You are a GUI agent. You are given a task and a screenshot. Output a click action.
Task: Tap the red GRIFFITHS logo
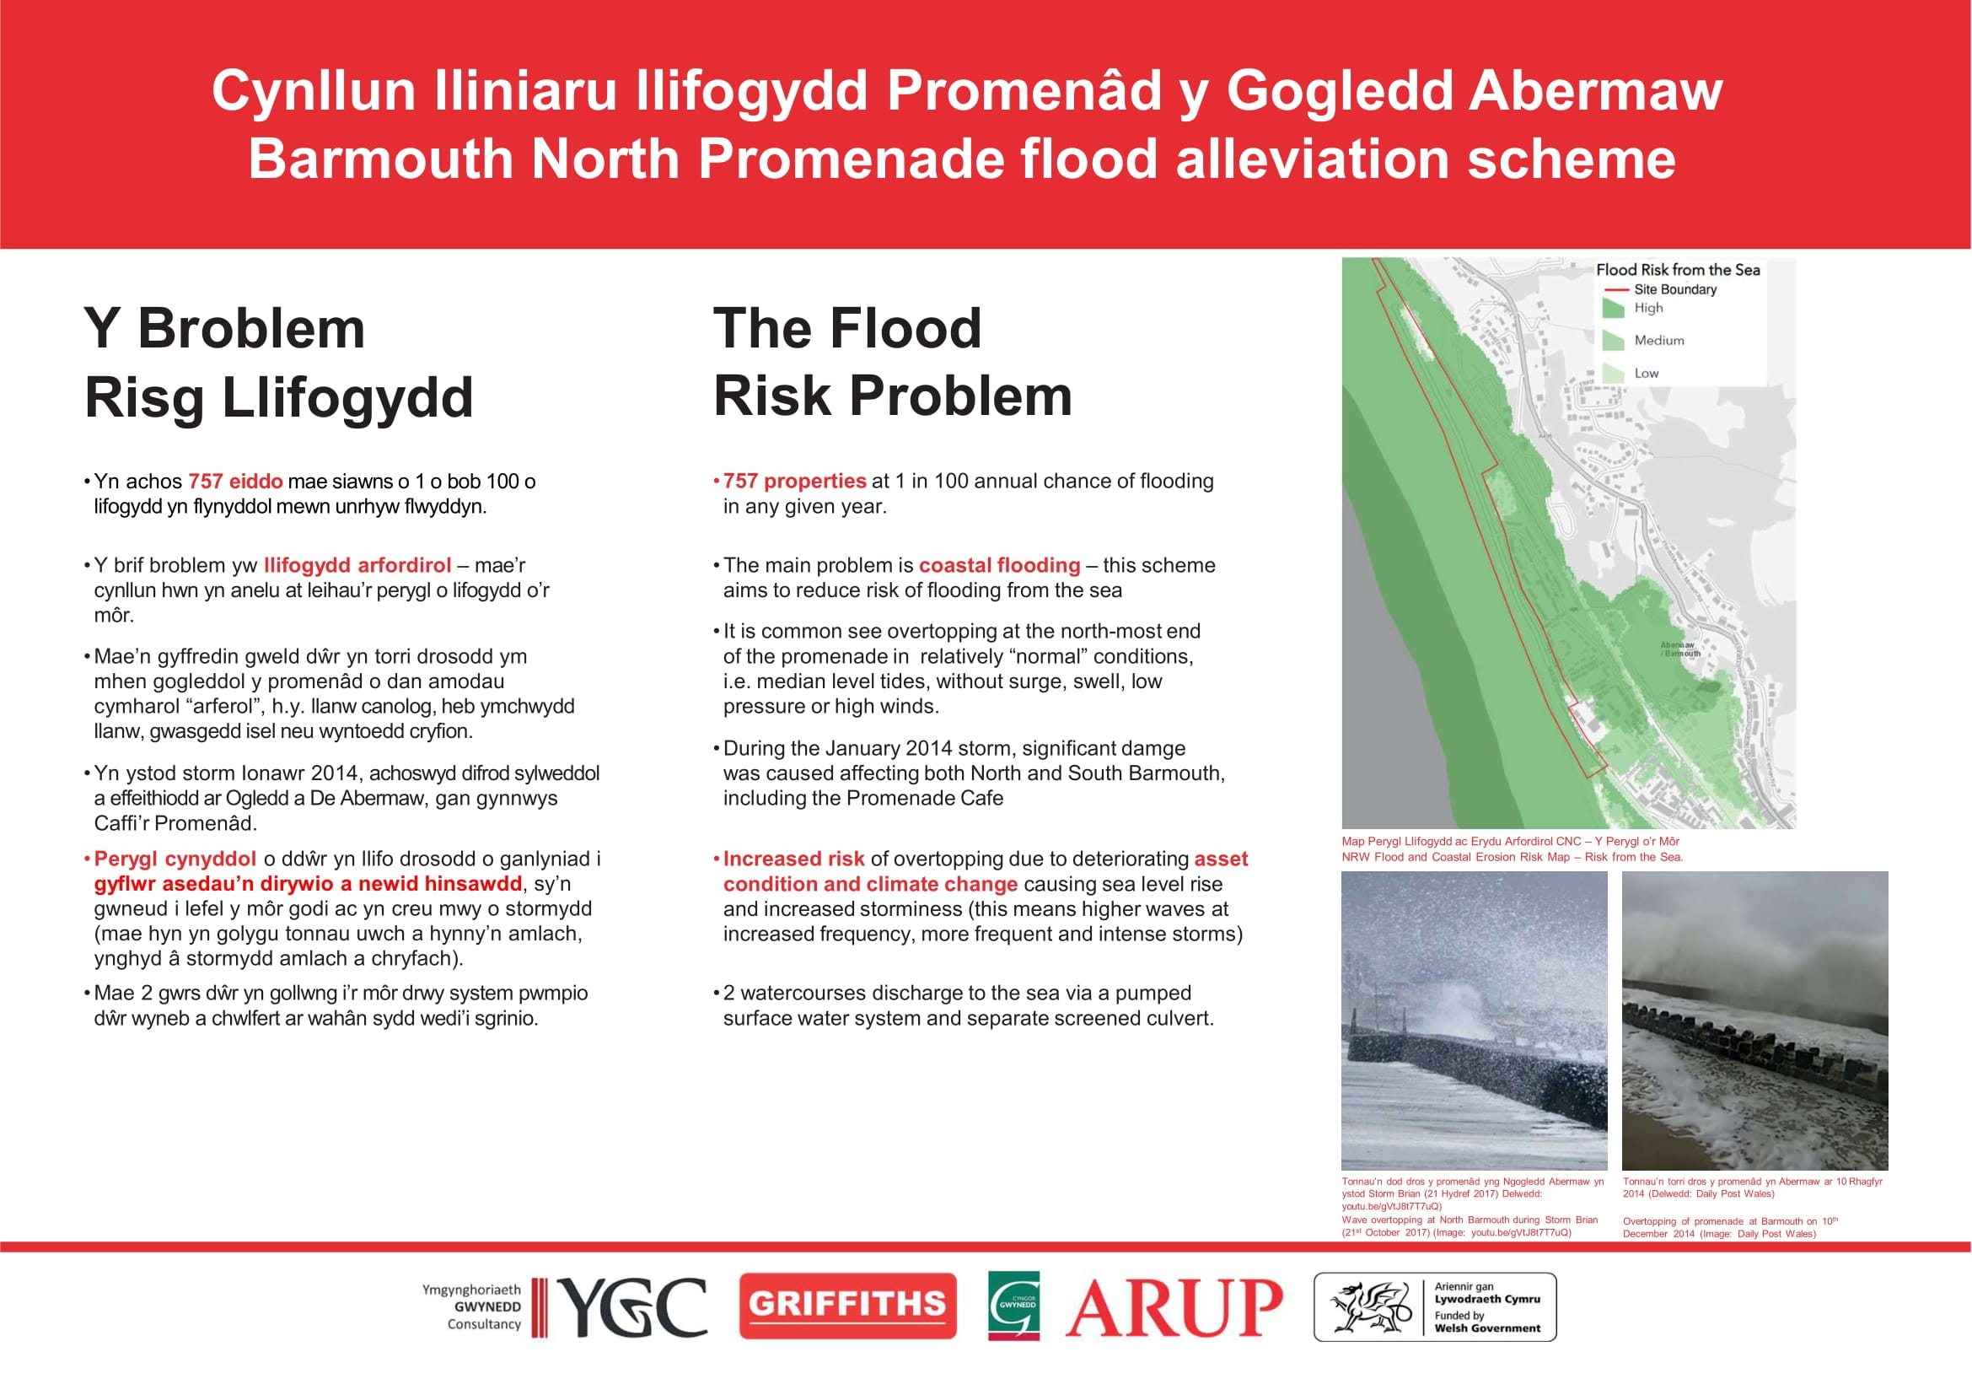click(x=847, y=1306)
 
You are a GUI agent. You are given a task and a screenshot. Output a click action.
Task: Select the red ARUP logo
click(x=1174, y=1307)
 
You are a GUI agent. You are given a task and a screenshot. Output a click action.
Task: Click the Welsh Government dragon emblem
click(x=1371, y=1307)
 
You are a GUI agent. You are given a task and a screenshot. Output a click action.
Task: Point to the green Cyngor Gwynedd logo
click(x=1013, y=1306)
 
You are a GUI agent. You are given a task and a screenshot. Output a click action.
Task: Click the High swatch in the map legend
click(x=1614, y=309)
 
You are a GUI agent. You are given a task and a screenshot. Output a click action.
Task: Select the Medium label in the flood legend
click(x=1659, y=340)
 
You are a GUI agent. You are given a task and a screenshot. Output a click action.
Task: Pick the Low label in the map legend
click(x=1647, y=373)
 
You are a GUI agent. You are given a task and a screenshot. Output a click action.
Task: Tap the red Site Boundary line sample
click(x=1616, y=289)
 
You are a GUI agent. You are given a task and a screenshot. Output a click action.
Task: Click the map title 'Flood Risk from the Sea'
click(x=1679, y=270)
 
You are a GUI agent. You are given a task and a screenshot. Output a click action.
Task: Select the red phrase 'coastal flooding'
click(x=1000, y=565)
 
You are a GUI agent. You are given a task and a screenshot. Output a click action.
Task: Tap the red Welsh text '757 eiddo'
click(x=235, y=481)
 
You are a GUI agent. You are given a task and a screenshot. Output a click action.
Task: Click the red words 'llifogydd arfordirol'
click(x=357, y=565)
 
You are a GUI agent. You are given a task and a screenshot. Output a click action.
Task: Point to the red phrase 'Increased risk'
click(x=793, y=859)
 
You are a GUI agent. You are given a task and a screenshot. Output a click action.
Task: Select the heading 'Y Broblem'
click(x=225, y=328)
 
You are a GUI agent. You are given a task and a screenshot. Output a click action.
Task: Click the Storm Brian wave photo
click(x=1474, y=1021)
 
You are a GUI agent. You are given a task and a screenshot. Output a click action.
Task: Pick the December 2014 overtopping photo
click(x=1754, y=1021)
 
